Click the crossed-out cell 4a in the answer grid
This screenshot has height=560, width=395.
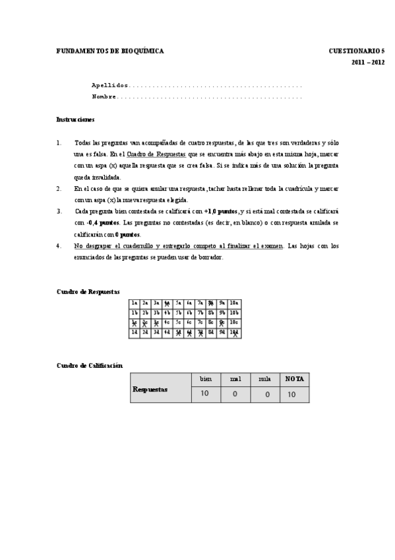point(167,303)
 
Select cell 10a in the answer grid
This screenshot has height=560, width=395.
point(235,303)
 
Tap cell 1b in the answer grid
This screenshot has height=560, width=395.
point(134,313)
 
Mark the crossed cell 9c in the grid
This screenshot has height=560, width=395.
point(224,323)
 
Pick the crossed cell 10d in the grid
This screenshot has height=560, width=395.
point(235,333)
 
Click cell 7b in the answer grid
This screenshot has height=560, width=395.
point(201,313)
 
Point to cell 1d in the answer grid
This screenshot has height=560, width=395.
point(134,333)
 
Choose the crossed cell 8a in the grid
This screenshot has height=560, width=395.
point(212,303)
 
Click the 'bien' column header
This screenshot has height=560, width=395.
point(205,379)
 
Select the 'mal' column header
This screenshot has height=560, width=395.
point(235,379)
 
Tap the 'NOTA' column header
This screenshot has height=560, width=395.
point(294,379)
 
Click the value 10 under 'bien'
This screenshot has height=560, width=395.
point(205,394)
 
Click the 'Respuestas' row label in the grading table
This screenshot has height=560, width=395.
point(150,390)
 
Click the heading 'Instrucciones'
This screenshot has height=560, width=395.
point(75,120)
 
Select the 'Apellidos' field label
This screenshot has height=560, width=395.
point(110,86)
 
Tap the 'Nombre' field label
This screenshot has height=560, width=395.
point(104,96)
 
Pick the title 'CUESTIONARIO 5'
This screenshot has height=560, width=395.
point(357,50)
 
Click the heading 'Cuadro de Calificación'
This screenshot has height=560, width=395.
point(90,365)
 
